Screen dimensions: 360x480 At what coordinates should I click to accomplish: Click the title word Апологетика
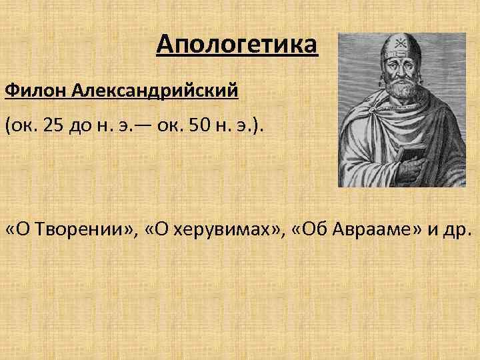237,46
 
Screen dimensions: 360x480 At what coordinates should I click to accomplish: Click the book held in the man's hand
407,160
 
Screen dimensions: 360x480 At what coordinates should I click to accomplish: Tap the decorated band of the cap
397,56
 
